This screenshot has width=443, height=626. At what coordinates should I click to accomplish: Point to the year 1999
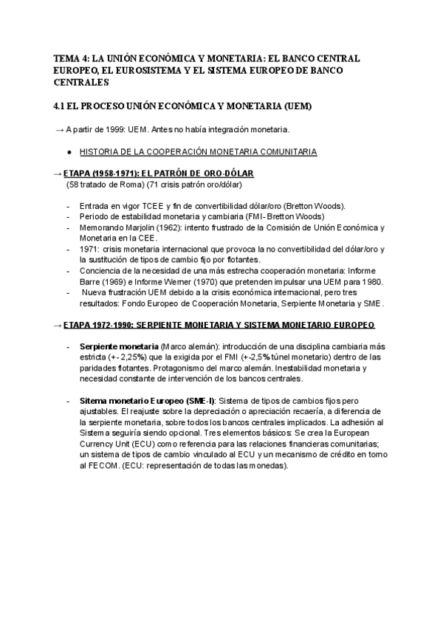[117, 130]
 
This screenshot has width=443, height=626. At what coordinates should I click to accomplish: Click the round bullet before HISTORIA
[69, 152]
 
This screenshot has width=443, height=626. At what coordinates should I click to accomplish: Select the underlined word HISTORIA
[98, 152]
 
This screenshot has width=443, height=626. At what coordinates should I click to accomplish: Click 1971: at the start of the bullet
[89, 249]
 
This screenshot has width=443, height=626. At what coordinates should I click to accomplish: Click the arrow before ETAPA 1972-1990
[58, 325]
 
